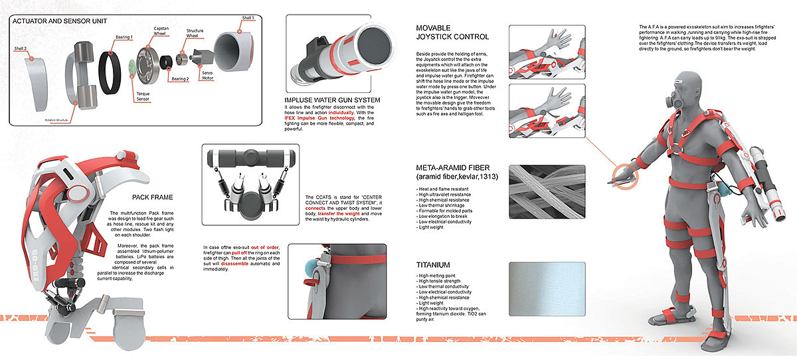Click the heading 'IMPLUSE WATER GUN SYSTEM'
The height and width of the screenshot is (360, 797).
tap(331, 100)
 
